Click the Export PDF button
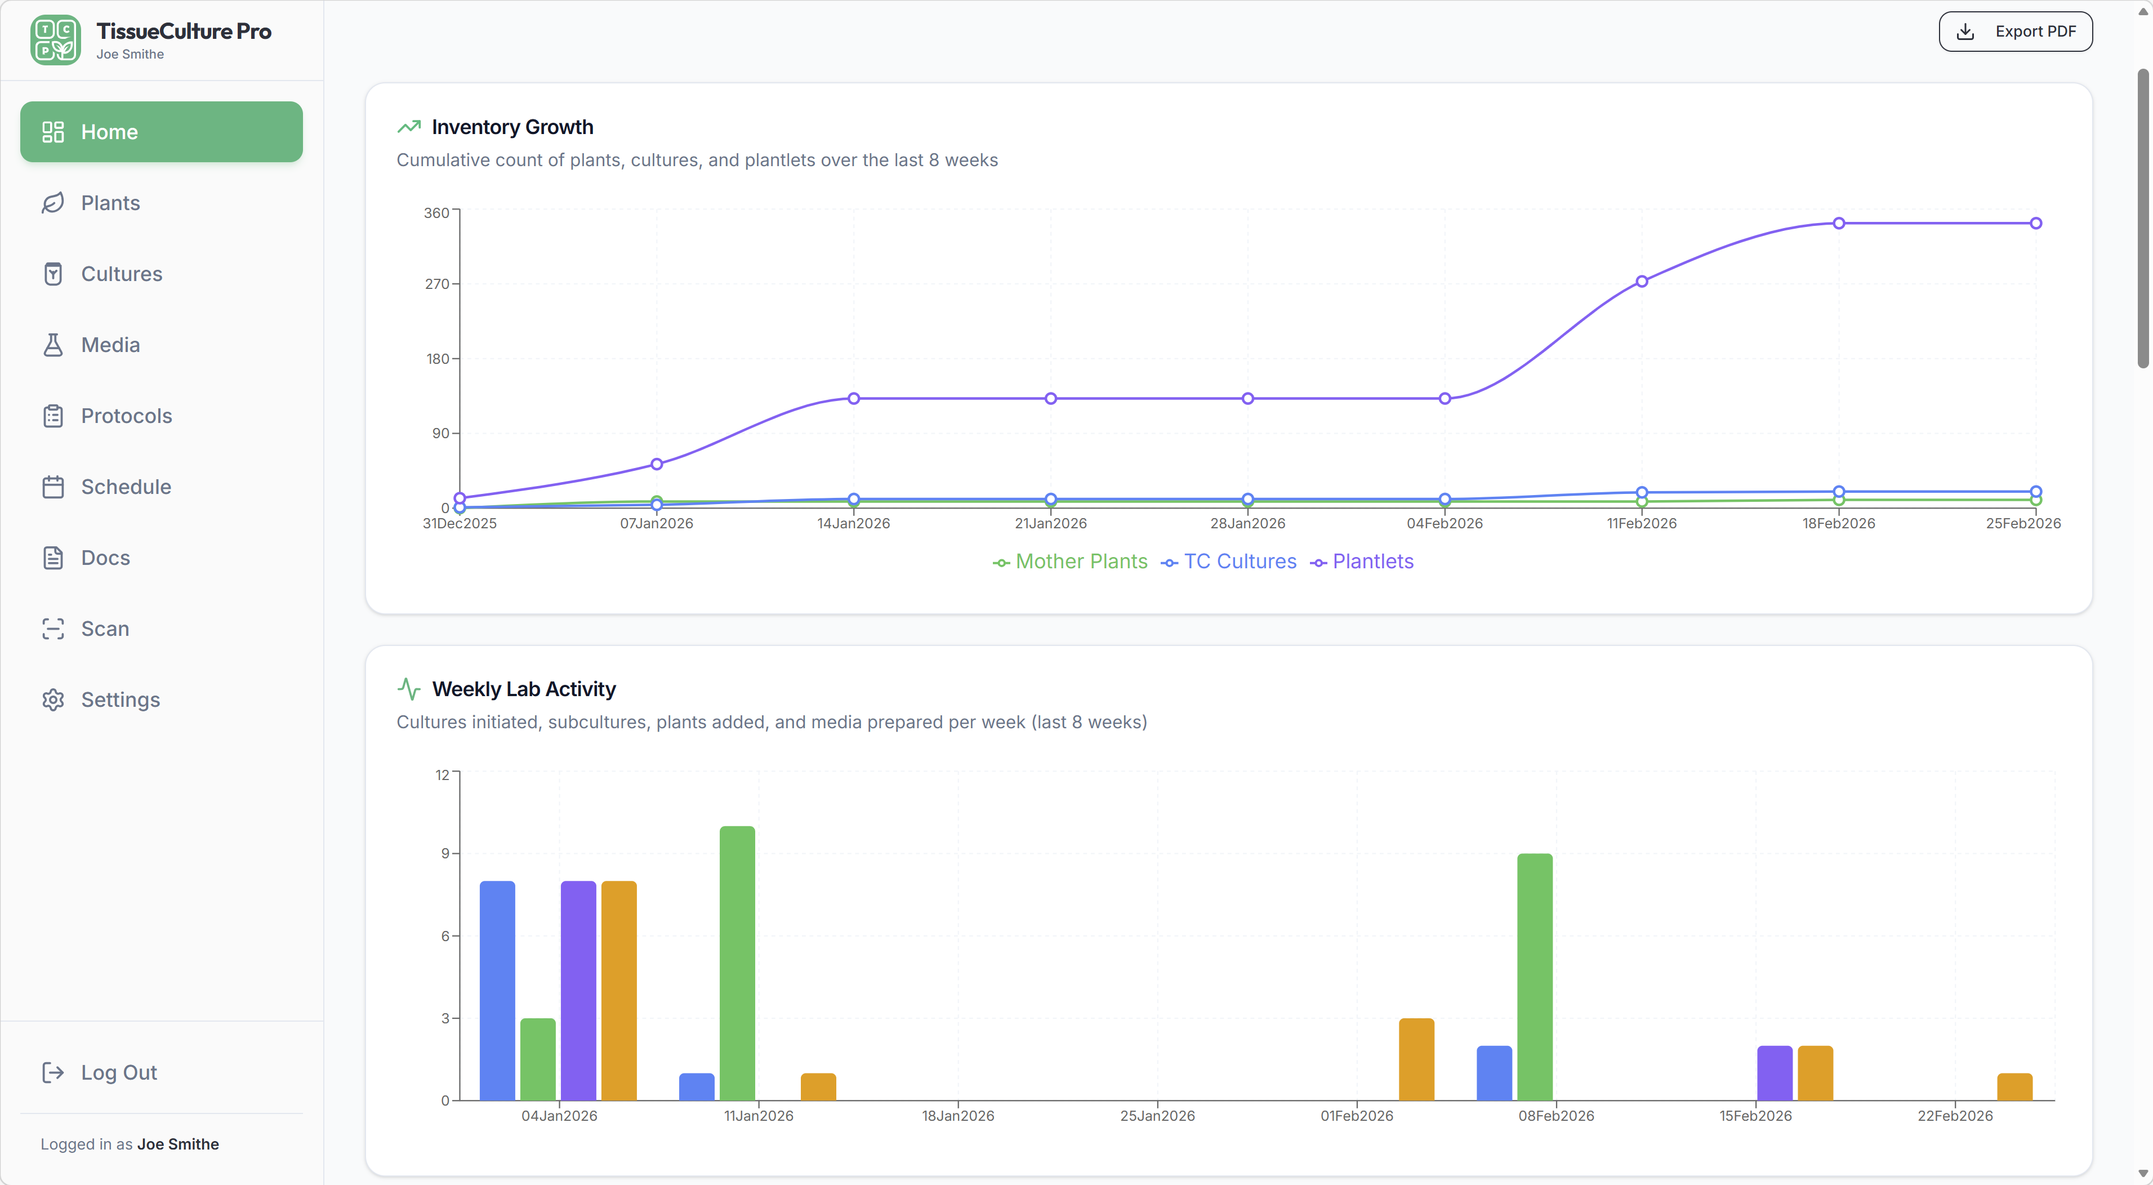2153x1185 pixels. click(x=2015, y=32)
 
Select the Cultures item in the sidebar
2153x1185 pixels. click(x=121, y=274)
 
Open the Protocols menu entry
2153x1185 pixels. click(x=126, y=416)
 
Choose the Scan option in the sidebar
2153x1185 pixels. click(x=105, y=629)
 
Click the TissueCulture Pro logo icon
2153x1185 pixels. click(x=55, y=40)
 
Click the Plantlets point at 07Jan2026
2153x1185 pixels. click(x=657, y=465)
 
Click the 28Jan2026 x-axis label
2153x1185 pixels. click(x=1247, y=524)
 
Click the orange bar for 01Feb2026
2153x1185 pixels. click(x=1416, y=1059)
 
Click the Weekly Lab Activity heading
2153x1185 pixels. click(x=523, y=689)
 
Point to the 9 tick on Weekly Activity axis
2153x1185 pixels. click(x=445, y=853)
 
